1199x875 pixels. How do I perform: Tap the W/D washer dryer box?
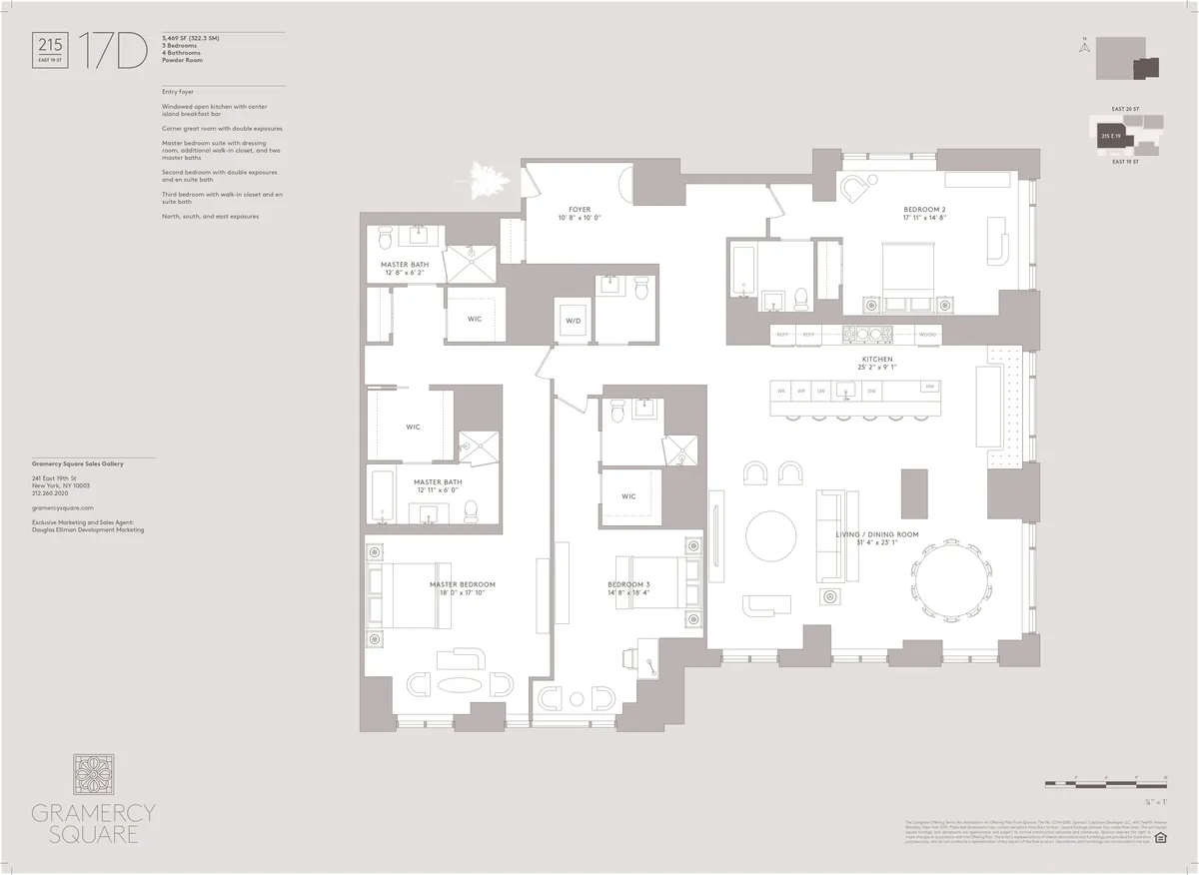(574, 321)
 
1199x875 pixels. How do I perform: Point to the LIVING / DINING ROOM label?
(877, 534)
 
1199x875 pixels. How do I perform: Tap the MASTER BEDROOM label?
(462, 584)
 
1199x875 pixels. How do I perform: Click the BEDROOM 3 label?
(628, 584)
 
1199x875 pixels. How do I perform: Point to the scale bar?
(1105, 782)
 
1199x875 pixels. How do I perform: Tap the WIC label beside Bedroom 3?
(628, 495)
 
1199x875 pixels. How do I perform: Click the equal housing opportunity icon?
(1160, 838)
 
